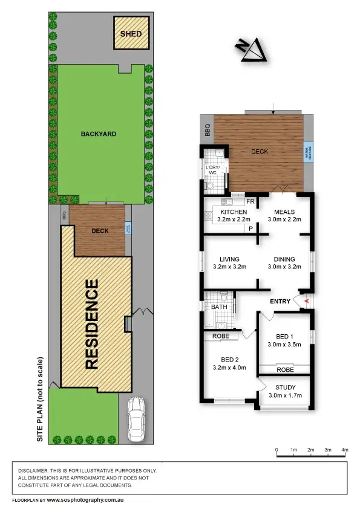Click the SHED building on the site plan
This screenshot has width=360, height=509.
131,34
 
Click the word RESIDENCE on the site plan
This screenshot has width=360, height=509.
92,324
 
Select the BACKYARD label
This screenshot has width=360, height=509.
99,134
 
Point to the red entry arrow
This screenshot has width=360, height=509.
307,301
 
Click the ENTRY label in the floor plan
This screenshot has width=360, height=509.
280,301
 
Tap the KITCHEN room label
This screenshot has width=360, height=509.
233,212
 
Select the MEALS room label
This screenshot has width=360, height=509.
284,212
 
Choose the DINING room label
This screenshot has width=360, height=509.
284,258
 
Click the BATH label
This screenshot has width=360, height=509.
219,307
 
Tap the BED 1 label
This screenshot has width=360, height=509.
284,336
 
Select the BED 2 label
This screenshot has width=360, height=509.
230,358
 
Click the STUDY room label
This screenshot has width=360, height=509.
284,387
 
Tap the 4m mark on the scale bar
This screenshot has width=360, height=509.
345,450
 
